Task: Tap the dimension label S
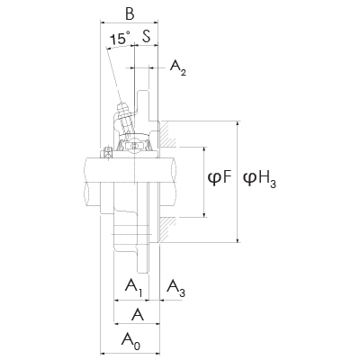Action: (x=146, y=37)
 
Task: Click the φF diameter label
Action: (x=220, y=178)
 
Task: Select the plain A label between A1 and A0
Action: (x=137, y=314)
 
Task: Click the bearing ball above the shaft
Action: (x=132, y=144)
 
